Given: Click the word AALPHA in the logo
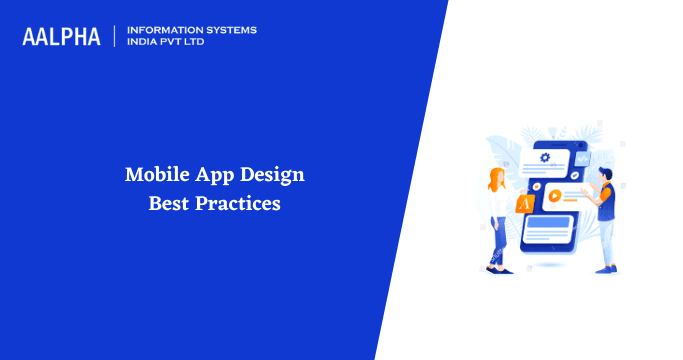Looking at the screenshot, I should point(61,36).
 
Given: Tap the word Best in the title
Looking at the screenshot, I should point(169,203).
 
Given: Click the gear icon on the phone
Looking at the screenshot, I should point(545,157).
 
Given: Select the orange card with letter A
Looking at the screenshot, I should point(522,204).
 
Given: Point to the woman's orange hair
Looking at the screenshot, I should point(495,178).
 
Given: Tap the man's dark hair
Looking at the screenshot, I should point(605,173).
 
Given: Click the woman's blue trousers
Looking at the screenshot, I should point(497,240).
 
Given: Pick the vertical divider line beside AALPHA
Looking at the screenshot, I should point(116,36).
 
